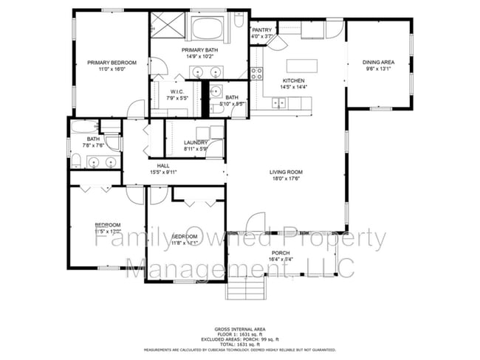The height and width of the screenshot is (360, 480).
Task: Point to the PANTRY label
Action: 262,30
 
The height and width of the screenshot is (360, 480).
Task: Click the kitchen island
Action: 301,65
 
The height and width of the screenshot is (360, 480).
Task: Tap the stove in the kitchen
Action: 258,73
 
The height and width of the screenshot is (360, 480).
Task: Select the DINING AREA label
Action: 377,63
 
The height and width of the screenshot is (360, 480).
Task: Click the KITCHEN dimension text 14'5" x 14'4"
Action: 294,87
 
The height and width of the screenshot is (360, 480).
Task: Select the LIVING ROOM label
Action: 286,172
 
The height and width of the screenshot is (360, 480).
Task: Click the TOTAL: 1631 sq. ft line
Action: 240,343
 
